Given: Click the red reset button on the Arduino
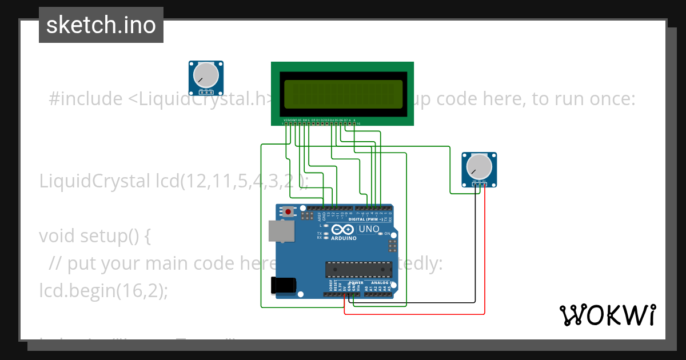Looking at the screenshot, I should point(288,212).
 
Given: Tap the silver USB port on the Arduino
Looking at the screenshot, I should point(282,231).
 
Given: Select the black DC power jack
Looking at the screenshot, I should point(284,285).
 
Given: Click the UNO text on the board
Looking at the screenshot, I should point(369,229).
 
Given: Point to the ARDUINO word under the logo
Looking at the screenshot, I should point(343,238).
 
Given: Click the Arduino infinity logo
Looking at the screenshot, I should point(343,229).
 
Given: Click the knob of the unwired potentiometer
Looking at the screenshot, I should point(206,75).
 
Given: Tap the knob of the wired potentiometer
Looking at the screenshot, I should point(479,166).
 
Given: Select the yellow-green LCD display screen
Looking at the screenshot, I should point(342,91).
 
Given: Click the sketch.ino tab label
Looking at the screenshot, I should point(101,25).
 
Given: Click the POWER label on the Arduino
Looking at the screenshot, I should point(356,282).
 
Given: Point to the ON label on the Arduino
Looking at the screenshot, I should point(387,234).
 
